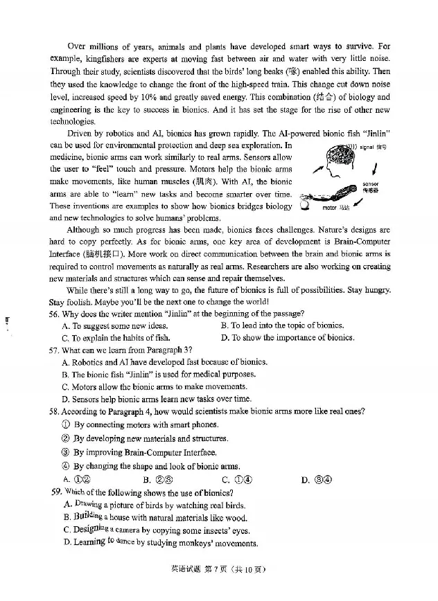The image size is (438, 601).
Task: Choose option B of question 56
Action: (281, 325)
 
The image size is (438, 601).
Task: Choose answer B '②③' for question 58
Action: (157, 480)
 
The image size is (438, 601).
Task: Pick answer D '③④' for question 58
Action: (317, 480)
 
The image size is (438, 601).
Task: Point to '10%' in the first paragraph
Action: (179, 97)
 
